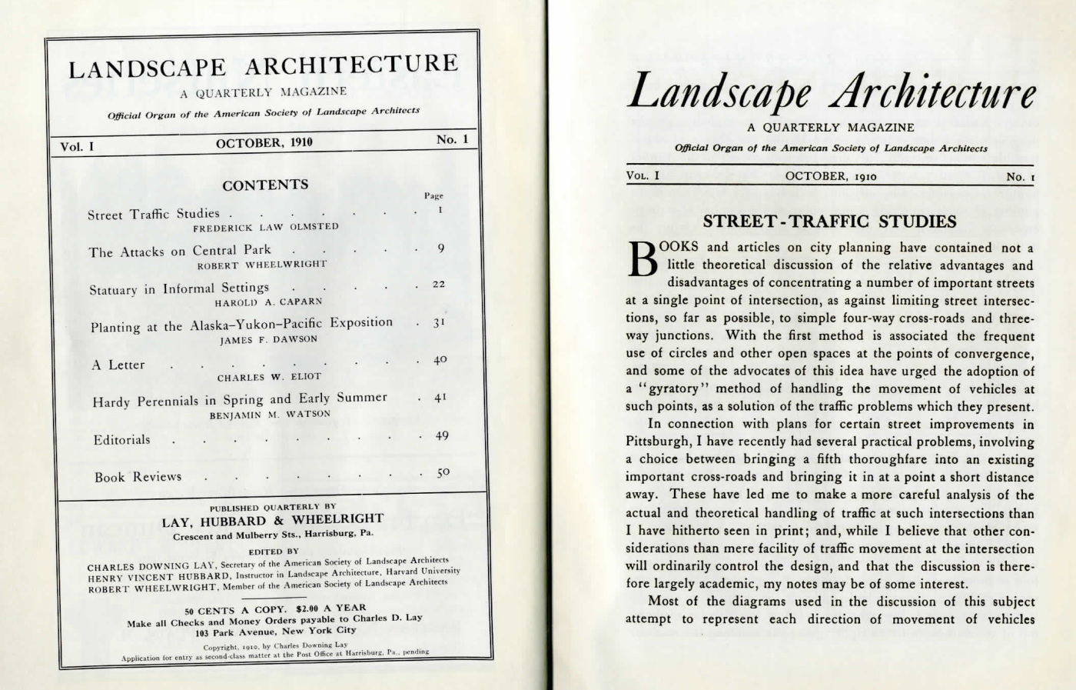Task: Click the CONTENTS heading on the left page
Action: (265, 185)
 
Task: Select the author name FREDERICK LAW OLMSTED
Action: (265, 227)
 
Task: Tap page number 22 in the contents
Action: (439, 284)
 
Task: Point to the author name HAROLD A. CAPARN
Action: (268, 302)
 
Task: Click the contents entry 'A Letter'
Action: (118, 365)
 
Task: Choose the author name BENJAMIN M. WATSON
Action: (270, 414)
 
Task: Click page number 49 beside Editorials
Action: (441, 435)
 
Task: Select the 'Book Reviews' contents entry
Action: (138, 477)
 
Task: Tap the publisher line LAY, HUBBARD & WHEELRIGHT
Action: (272, 521)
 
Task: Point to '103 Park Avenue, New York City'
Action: (275, 632)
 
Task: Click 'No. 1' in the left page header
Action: (452, 139)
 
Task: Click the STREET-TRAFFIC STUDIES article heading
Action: (830, 222)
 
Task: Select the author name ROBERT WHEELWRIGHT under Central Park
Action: (262, 265)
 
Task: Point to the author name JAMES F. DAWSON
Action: (268, 339)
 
